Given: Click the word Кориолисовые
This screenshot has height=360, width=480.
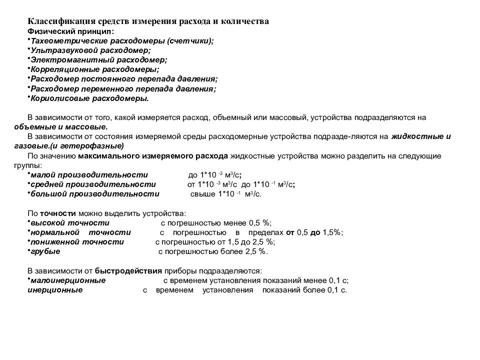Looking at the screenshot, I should pyautogui.click(x=53, y=98).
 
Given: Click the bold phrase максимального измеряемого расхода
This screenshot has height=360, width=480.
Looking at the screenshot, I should pyautogui.click(x=153, y=156).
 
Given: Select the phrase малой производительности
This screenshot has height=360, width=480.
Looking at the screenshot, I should pyautogui.click(x=89, y=175).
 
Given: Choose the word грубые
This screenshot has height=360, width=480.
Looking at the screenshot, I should pyautogui.click(x=45, y=251).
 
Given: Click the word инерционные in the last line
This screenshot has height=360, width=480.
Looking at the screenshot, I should pyautogui.click(x=55, y=289).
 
